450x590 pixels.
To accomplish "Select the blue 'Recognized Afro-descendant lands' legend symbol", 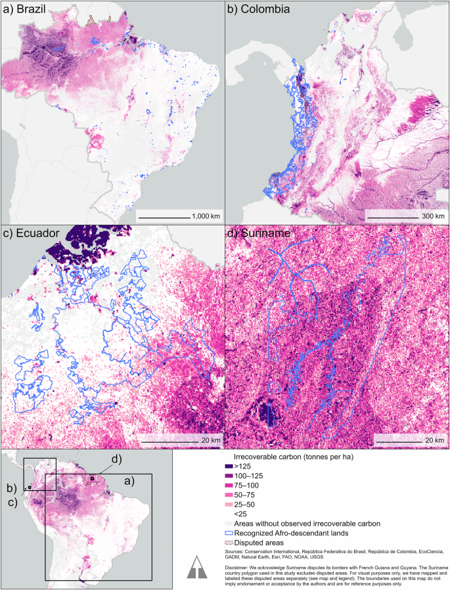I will point(229,533).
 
